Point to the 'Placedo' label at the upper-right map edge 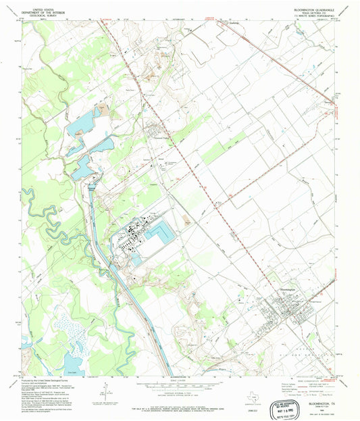329,102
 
